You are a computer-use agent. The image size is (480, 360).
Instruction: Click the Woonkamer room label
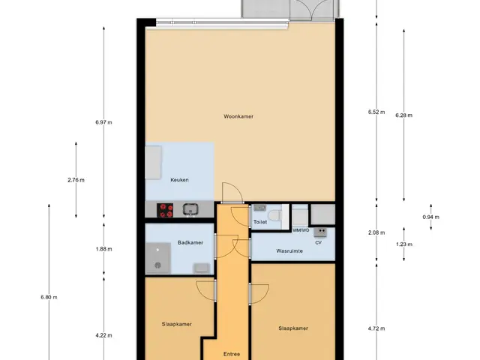[x=238, y=117]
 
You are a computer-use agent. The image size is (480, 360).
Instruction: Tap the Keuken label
[x=179, y=180]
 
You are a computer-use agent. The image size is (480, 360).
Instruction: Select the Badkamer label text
[x=190, y=243]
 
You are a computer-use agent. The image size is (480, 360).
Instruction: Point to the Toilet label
[x=260, y=222]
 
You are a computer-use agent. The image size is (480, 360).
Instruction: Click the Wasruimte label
[x=289, y=251]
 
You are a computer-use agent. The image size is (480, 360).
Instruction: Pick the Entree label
[x=232, y=354]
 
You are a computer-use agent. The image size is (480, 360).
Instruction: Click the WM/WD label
[x=301, y=230]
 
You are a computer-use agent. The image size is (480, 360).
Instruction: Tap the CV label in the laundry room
[x=318, y=243]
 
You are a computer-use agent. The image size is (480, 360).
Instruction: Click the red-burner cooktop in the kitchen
[x=165, y=211]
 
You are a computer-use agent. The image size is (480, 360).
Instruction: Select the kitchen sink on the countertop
[x=190, y=210]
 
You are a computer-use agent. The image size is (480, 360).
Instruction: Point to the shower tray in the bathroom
[x=158, y=258]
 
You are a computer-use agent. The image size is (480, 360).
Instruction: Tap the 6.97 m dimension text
[x=103, y=122]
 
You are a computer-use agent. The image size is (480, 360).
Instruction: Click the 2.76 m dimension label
[x=76, y=180]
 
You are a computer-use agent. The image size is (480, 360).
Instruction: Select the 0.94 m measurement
[x=431, y=217]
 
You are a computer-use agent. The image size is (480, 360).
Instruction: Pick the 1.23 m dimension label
[x=404, y=244]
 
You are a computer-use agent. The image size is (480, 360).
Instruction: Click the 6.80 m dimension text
[x=49, y=297]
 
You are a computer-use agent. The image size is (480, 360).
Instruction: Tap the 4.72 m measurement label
[x=376, y=328]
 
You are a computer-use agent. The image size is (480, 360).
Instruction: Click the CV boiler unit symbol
[x=320, y=232]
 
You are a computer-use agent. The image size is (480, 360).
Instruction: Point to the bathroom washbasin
[x=202, y=268]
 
